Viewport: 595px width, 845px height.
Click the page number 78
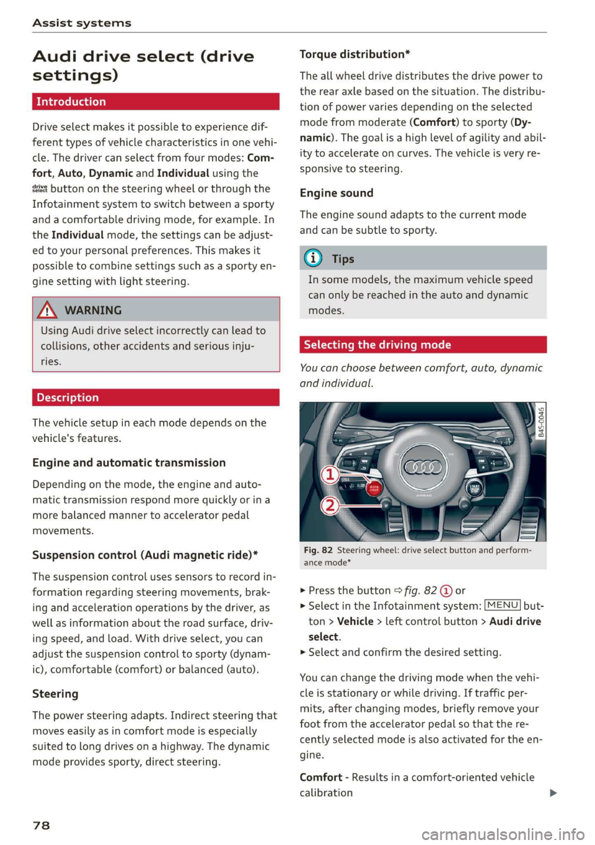pos(42,825)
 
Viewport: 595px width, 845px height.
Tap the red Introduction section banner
pos(156,102)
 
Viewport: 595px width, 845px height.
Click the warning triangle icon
pos(48,310)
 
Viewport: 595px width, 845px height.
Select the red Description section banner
pos(156,397)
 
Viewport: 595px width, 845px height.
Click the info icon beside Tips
pos(314,258)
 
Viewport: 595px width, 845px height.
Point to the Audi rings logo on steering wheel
pos(423,467)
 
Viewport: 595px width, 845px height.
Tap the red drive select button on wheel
pos(375,488)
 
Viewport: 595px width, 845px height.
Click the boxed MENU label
pos(503,605)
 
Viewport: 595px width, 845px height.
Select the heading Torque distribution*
pos(355,55)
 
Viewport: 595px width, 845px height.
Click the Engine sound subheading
pos(337,193)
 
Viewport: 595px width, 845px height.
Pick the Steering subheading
pos(55,694)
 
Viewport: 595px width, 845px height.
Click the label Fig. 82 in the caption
pos(318,550)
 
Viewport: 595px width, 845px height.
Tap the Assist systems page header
pos(82,23)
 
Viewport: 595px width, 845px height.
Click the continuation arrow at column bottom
pos(553,793)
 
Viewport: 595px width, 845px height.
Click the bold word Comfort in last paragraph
pos(320,777)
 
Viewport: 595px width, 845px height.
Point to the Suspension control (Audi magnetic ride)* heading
pos(145,555)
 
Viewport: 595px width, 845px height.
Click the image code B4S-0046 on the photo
pos(540,421)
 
